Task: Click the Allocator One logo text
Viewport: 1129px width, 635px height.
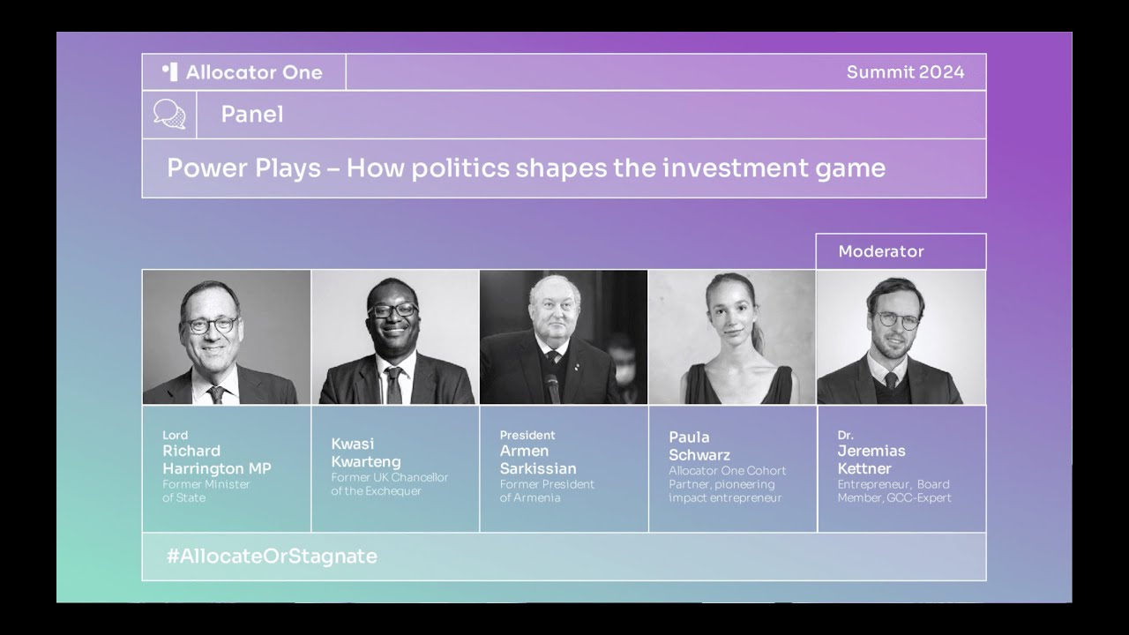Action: (x=253, y=72)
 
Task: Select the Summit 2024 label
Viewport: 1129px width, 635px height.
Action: (x=905, y=72)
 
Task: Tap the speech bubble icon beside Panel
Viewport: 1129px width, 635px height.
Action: (x=169, y=114)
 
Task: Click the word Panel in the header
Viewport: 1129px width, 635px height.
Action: (x=252, y=115)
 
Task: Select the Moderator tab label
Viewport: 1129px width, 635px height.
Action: (x=880, y=251)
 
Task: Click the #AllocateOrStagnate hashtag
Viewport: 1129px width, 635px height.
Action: (x=272, y=556)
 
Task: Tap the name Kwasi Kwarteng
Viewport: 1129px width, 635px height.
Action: (x=366, y=453)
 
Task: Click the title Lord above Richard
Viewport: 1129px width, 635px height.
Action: (x=175, y=435)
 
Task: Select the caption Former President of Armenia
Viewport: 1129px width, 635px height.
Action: (x=547, y=490)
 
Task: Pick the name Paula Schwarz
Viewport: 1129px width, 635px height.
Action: (x=699, y=446)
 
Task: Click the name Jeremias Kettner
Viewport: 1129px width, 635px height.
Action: (x=871, y=459)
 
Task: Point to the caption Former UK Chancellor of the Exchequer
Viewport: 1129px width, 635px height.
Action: (x=389, y=484)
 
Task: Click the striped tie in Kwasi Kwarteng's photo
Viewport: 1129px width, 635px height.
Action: (x=394, y=385)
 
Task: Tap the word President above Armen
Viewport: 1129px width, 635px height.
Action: (x=527, y=435)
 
